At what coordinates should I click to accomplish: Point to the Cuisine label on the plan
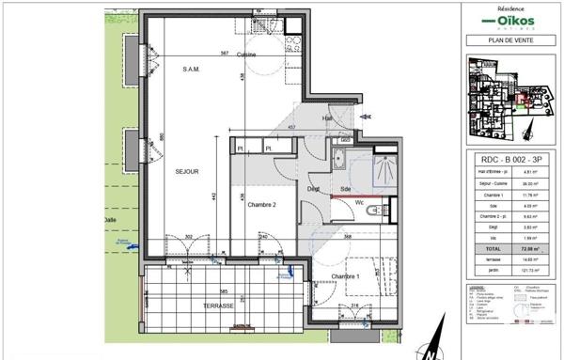pyautogui.click(x=247, y=55)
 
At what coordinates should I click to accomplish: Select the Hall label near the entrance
pyautogui.click(x=328, y=117)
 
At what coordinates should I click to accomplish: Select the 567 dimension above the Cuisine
pyautogui.click(x=225, y=54)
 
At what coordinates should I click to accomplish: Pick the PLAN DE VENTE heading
pyautogui.click(x=508, y=39)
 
